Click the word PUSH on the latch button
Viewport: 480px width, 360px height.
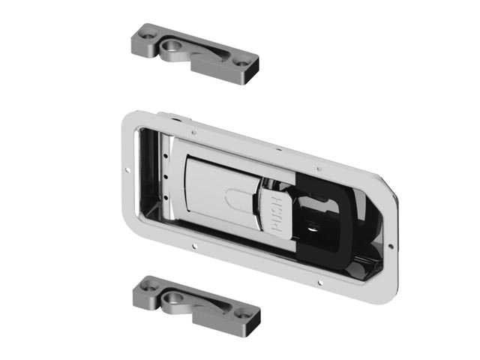point(277,214)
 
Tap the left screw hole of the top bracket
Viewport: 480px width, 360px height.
point(148,36)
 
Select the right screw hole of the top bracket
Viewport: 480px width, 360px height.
point(241,64)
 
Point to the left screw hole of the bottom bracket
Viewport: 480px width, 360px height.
point(150,288)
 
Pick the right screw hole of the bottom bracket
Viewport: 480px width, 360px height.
point(243,315)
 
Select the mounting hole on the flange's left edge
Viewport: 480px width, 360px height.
point(127,170)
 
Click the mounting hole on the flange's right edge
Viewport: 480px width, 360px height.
point(391,246)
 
